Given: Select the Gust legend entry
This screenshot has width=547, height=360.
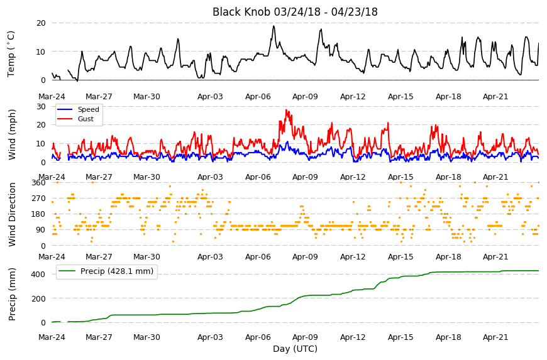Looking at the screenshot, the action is click(x=75, y=119).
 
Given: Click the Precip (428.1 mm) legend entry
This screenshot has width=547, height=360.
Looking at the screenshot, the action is click(x=106, y=271).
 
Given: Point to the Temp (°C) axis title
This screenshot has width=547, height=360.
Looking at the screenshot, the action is click(x=11, y=53).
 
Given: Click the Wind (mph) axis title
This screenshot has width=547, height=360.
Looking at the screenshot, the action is click(x=12, y=134).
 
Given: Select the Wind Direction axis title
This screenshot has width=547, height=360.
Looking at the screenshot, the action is click(x=12, y=214).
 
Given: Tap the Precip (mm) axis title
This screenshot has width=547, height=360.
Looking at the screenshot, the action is click(x=12, y=294).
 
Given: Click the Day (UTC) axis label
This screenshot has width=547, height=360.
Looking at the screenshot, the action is click(x=295, y=349).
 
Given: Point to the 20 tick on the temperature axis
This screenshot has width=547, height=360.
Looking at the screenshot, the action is click(x=41, y=23).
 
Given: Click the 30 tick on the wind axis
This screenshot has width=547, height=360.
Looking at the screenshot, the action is click(x=41, y=107).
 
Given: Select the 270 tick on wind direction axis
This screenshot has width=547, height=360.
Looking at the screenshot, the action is click(x=39, y=199).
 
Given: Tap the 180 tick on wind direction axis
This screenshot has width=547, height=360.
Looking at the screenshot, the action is click(x=39, y=214).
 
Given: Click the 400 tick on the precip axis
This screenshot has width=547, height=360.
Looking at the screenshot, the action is click(x=39, y=275).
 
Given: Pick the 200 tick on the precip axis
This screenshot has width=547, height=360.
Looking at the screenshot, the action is click(x=39, y=298).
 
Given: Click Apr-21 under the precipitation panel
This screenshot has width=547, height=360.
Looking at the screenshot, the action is click(x=495, y=337).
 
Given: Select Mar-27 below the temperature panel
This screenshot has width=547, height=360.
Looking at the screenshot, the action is click(x=99, y=97).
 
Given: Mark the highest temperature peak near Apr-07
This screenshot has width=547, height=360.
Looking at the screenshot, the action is click(x=274, y=26).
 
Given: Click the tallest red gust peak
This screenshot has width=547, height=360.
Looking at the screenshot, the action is click(x=286, y=110).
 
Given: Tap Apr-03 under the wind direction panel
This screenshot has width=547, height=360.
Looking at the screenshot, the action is click(x=210, y=257).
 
